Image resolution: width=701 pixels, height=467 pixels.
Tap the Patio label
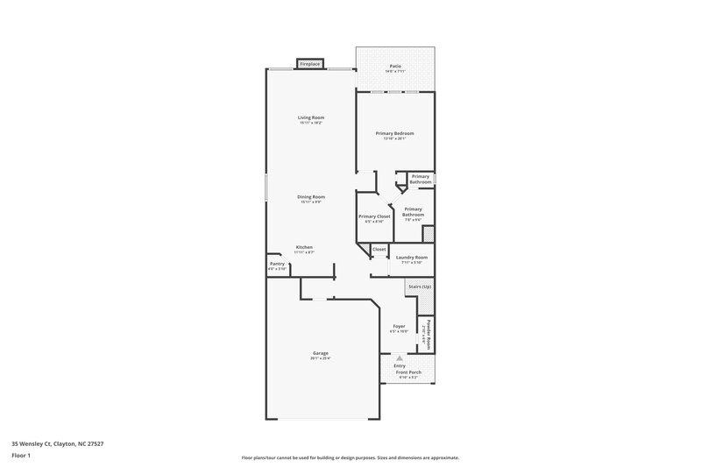pos(395,66)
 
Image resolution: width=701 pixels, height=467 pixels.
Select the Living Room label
pos(310,117)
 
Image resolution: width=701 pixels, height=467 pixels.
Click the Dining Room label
pos(311,197)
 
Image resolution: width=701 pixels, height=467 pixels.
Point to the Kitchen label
pos(304,247)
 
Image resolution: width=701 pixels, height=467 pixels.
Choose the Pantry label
pos(277,263)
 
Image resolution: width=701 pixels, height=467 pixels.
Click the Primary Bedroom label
pos(394,133)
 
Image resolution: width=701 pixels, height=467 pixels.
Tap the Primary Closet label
pos(374,216)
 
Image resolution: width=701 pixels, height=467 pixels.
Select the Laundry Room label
pos(410,257)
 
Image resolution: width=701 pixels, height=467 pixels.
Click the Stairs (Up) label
pos(419,287)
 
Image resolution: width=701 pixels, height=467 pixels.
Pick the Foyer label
pos(399,326)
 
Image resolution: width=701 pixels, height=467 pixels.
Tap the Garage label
pos(320,352)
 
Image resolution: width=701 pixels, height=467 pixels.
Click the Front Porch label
pos(407,371)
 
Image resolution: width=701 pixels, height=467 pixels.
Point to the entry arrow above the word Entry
pos(400,357)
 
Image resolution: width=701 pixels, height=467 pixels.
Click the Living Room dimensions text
pos(310,123)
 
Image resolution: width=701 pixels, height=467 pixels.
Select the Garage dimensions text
pos(320,357)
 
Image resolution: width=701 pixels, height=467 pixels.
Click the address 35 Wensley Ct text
pos(53,443)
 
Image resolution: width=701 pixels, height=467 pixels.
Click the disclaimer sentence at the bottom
pos(350,457)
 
